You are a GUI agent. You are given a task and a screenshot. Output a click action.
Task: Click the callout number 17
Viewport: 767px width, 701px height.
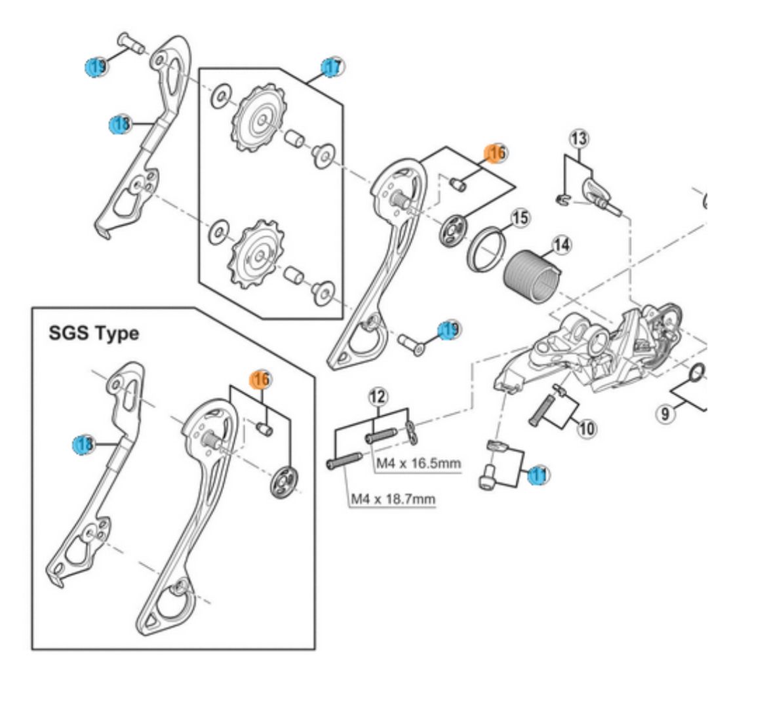tap(333, 66)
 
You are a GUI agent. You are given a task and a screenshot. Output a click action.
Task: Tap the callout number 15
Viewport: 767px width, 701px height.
tap(520, 218)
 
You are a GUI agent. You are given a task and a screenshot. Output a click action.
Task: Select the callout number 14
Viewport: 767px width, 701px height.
tap(561, 245)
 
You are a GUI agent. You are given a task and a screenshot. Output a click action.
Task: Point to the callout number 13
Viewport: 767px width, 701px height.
tap(579, 138)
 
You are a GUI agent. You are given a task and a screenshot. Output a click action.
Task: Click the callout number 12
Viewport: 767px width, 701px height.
tap(378, 395)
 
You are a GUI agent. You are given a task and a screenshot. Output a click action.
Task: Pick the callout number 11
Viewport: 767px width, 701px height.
tap(539, 474)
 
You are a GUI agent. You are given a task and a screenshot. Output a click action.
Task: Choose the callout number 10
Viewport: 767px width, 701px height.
tap(586, 429)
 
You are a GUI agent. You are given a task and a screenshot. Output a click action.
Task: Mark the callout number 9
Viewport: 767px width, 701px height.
tap(665, 413)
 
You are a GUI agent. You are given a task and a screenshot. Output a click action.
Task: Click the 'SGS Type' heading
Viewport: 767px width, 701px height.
tap(94, 333)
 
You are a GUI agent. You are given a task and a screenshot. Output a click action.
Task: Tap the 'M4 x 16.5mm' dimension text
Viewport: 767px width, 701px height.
tap(418, 464)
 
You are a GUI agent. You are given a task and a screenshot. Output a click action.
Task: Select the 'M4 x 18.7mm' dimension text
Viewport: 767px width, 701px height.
tap(393, 499)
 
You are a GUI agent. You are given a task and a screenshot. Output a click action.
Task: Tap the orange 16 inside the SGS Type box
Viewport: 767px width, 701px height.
tap(260, 379)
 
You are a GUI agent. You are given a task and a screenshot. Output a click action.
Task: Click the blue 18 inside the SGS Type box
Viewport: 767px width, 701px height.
tap(83, 445)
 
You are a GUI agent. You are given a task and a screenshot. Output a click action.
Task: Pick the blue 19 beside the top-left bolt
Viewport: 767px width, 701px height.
tap(96, 66)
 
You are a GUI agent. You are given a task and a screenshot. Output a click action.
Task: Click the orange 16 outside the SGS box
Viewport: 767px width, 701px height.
tap(496, 153)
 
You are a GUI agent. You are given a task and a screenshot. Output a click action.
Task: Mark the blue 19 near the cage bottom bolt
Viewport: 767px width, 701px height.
tap(450, 329)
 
